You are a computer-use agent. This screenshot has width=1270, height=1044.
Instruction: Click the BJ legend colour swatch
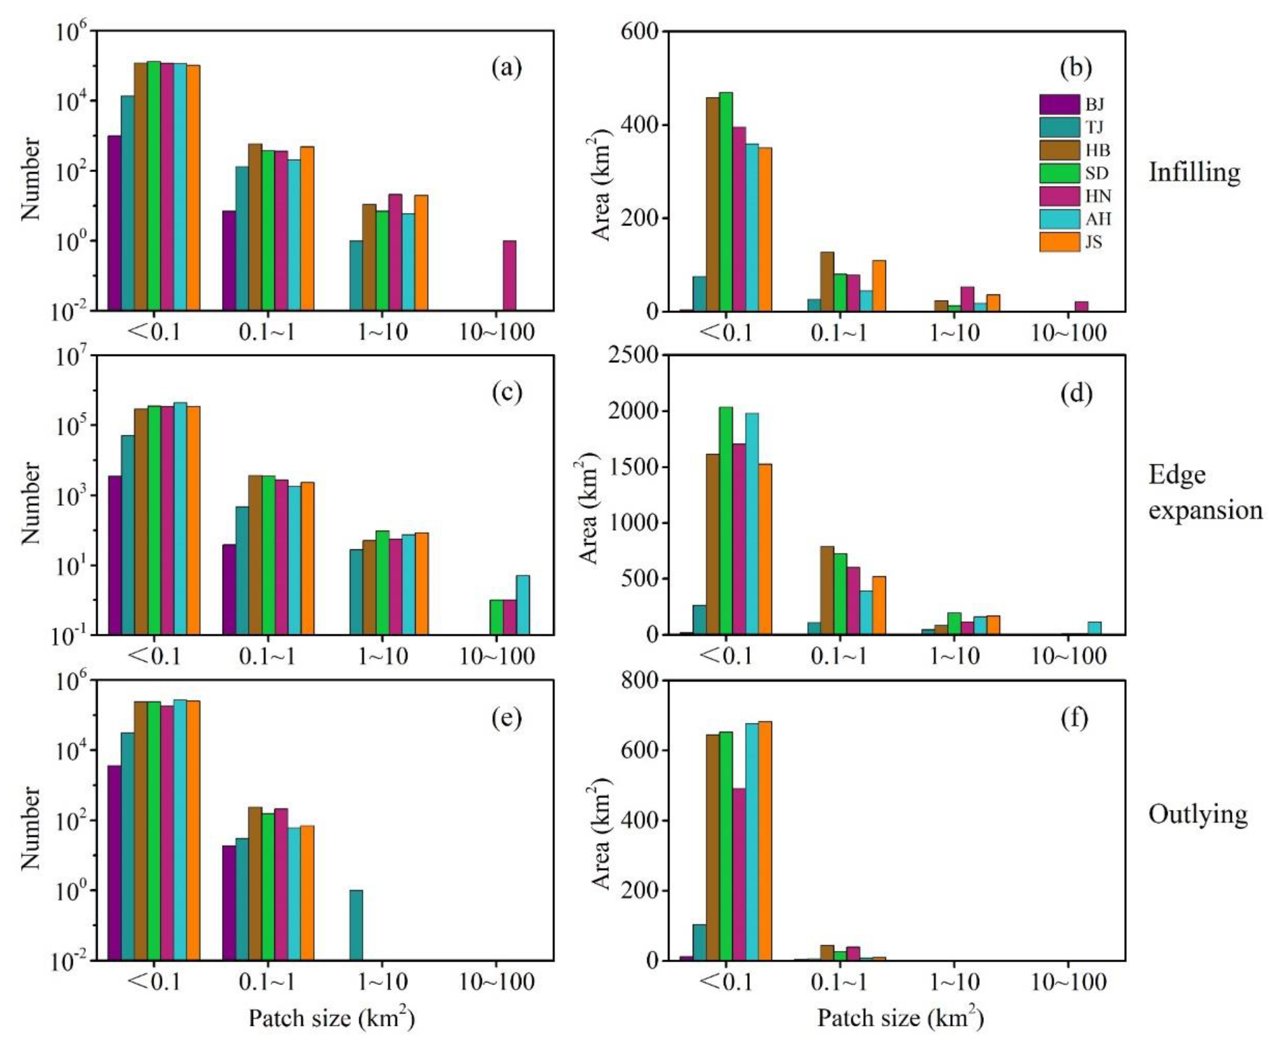point(1059,105)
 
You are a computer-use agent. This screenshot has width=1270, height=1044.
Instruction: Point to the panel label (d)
point(1075,393)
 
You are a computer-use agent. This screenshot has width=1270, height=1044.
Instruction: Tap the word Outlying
point(1198,815)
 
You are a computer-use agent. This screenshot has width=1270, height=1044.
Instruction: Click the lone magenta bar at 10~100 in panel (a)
point(509,276)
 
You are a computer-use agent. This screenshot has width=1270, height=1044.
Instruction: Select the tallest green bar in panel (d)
point(726,521)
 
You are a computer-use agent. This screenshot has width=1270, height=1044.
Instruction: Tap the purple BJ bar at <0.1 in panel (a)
point(114,222)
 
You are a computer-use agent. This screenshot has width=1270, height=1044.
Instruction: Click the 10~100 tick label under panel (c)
point(497,656)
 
